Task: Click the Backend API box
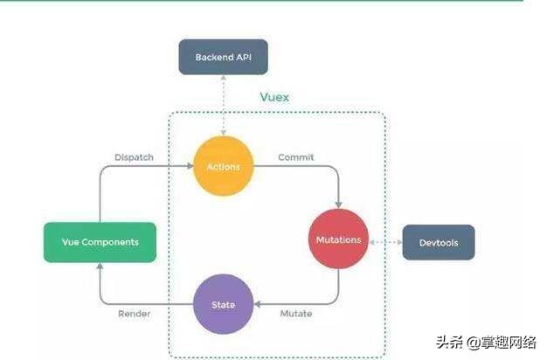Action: tap(223, 58)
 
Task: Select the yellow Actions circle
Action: tap(223, 166)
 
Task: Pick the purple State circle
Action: tap(223, 304)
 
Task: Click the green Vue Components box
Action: tap(100, 242)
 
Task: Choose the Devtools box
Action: tap(439, 242)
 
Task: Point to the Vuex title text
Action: tap(274, 97)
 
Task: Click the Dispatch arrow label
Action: tap(134, 157)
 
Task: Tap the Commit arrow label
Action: tap(296, 157)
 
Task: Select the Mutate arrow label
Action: tap(296, 313)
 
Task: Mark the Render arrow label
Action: tap(134, 313)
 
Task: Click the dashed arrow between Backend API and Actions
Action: tap(223, 105)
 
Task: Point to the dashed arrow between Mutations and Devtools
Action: tap(384, 241)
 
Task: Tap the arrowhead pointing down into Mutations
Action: tap(340, 204)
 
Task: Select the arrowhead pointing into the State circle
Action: tap(257, 304)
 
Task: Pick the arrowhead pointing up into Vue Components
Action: tap(100, 267)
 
